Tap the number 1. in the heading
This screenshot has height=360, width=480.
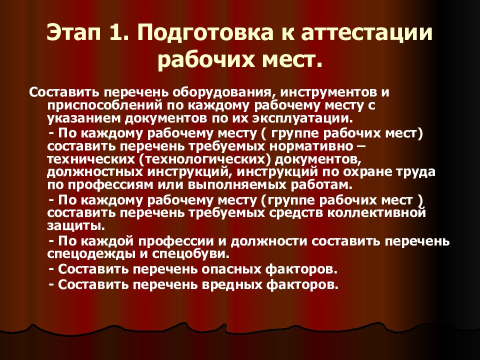click(120, 33)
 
